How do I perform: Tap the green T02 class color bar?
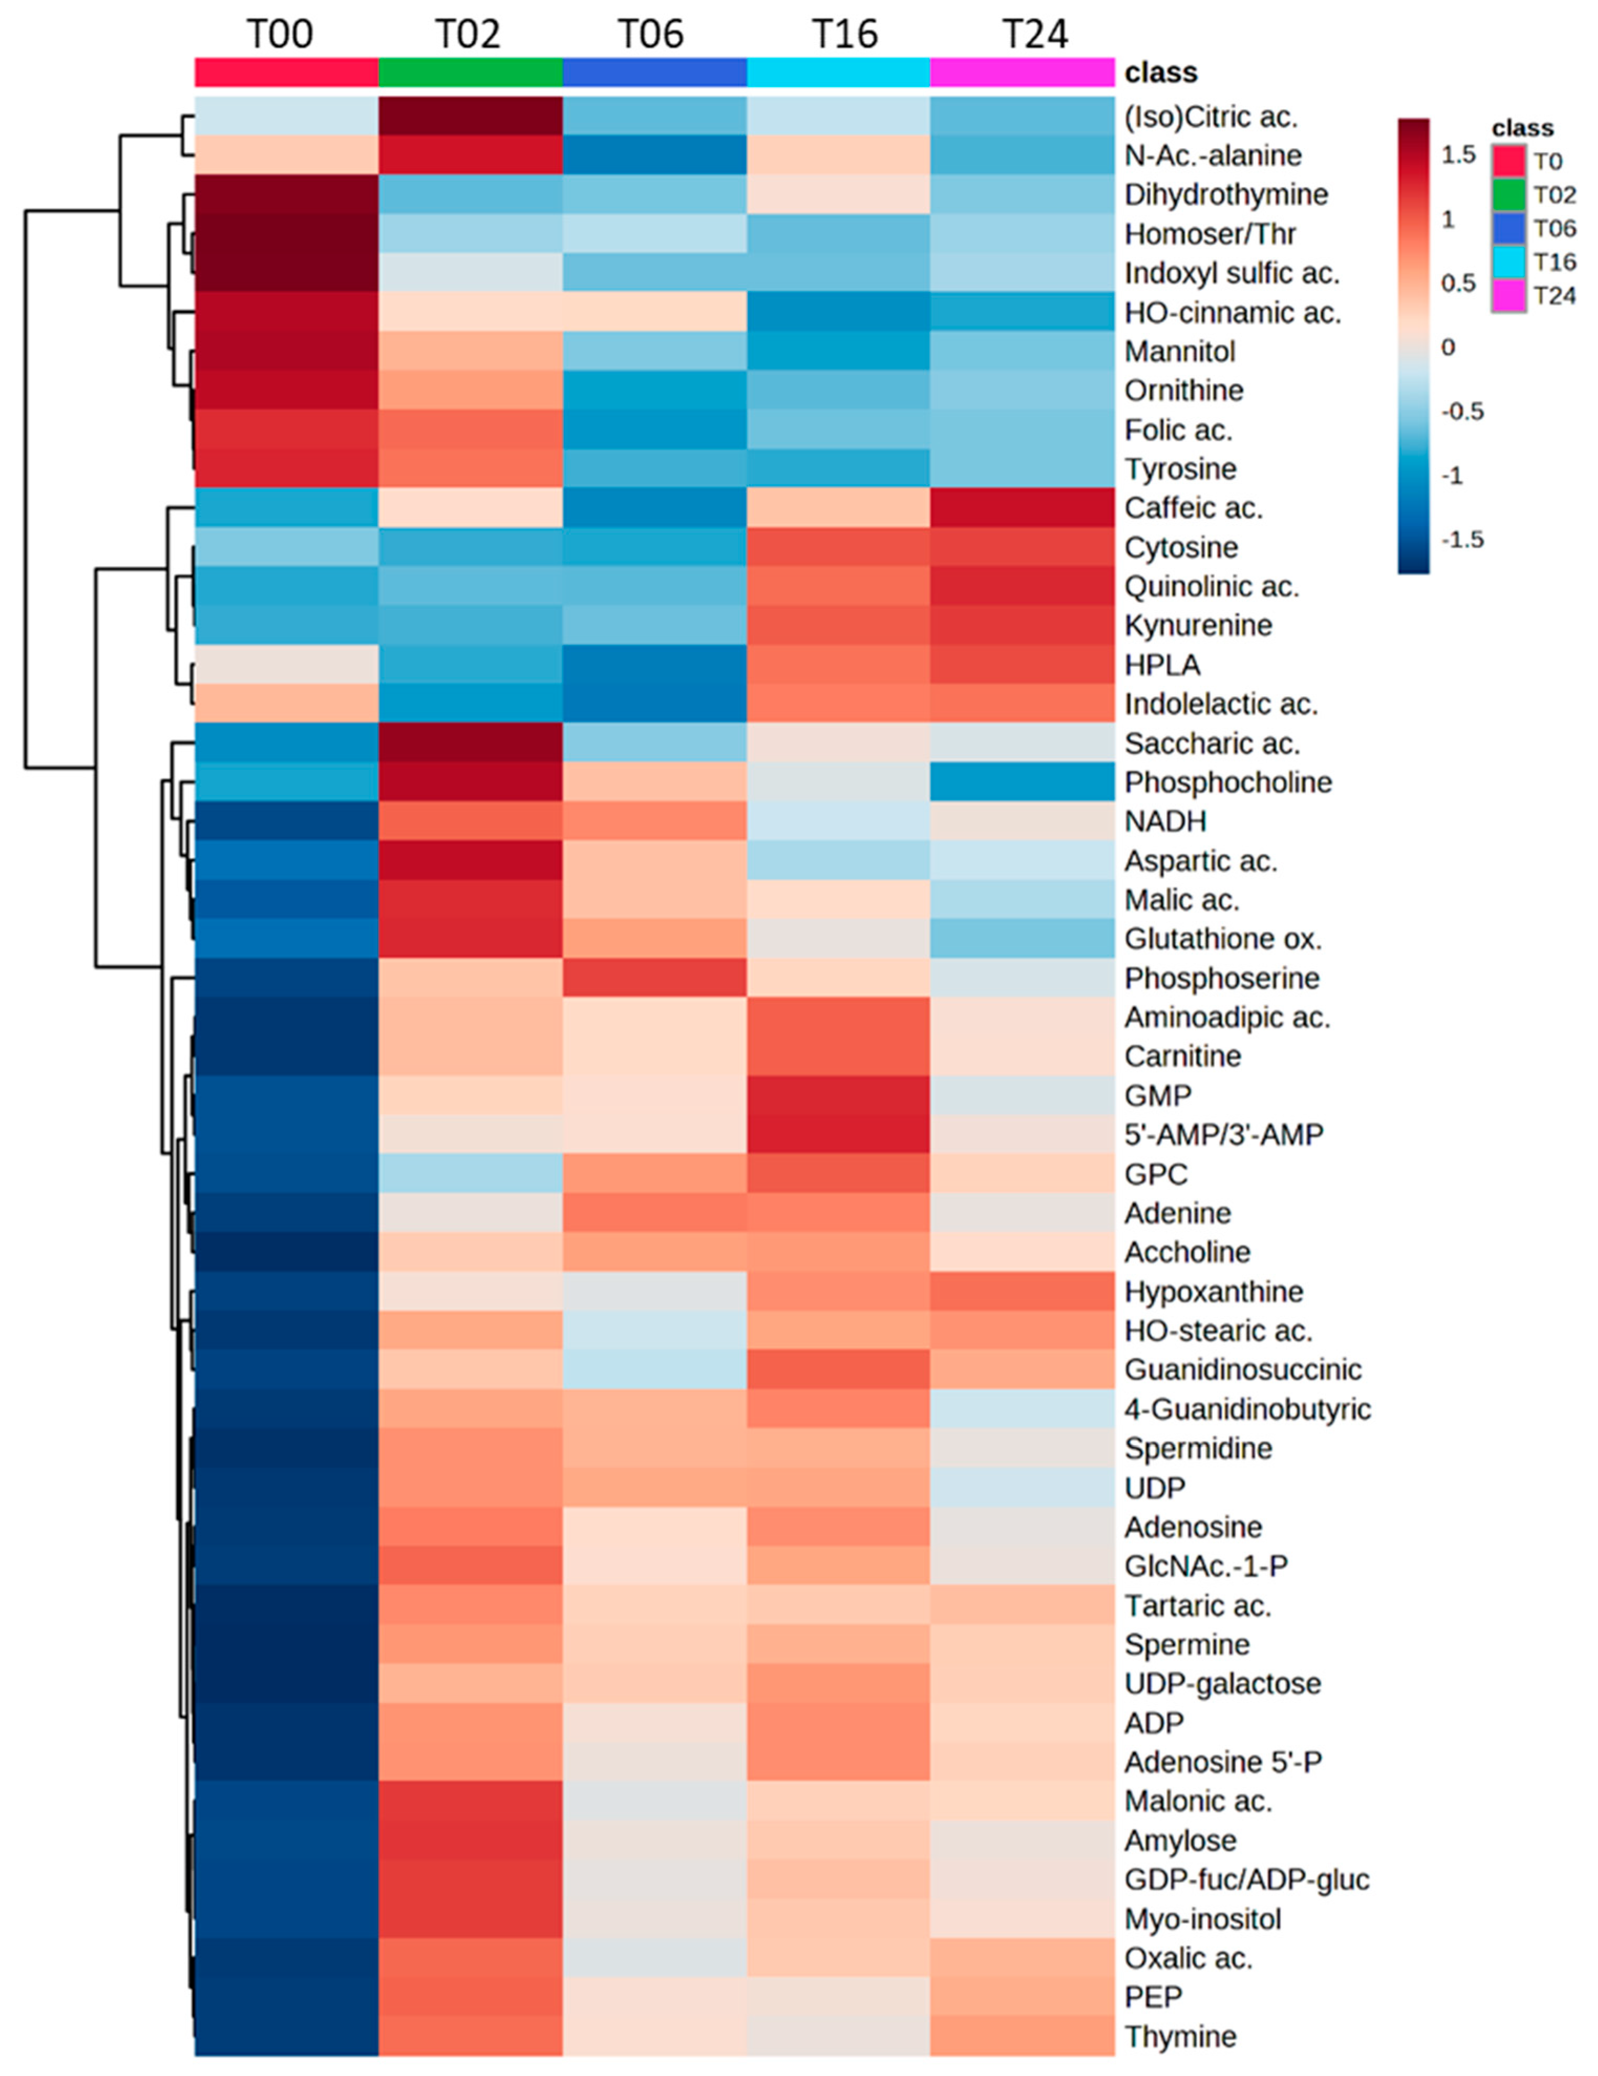[470, 72]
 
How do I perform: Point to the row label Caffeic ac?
[1194, 509]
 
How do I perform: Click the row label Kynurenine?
[1198, 625]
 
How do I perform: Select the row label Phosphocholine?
[1228, 782]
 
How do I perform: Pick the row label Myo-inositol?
[1203, 1918]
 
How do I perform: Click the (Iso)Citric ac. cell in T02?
[470, 117]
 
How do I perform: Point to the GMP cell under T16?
[838, 1095]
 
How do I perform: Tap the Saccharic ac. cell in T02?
[470, 743]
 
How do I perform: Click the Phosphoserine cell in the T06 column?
[655, 978]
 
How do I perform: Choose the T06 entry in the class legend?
[1554, 228]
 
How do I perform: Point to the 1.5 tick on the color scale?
[1457, 155]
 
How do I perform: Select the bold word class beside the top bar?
[1160, 73]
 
